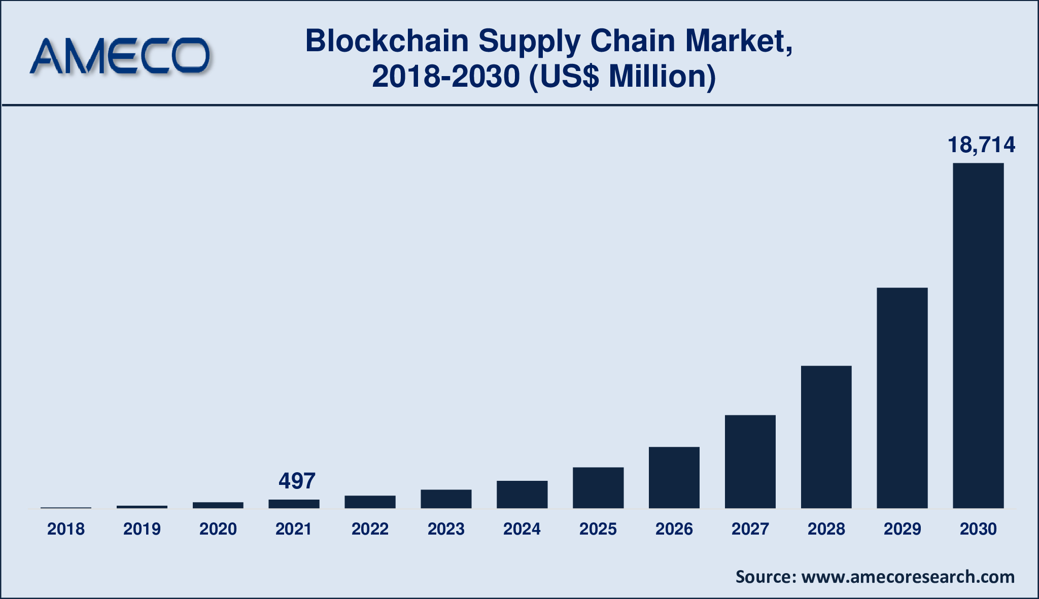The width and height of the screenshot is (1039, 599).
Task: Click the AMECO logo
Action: pyautogui.click(x=120, y=56)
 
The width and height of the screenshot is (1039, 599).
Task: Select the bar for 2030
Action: pyautogui.click(x=978, y=335)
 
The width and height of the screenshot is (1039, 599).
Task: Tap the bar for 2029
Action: pyautogui.click(x=902, y=398)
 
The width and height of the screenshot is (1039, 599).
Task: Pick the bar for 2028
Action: pyautogui.click(x=826, y=437)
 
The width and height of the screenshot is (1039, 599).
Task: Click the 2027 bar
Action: pyautogui.click(x=750, y=462)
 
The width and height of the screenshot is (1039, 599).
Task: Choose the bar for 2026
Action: pyautogui.click(x=674, y=477)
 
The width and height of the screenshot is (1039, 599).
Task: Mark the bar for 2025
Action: pyautogui.click(x=598, y=487)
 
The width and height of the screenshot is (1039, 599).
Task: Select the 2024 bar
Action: pyautogui.click(x=522, y=494)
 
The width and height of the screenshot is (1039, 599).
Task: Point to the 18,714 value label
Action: pyautogui.click(x=981, y=145)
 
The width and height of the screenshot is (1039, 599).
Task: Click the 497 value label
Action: pyautogui.click(x=297, y=481)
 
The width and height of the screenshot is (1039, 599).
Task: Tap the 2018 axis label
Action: pyautogui.click(x=66, y=529)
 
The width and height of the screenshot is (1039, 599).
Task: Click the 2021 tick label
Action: pyautogui.click(x=294, y=529)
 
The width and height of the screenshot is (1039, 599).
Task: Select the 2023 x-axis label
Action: pyautogui.click(x=446, y=529)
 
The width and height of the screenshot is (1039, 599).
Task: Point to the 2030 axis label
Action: pyautogui.click(x=978, y=529)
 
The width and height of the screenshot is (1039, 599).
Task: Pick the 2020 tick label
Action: pyautogui.click(x=218, y=529)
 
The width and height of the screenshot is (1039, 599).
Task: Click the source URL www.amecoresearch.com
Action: pyautogui.click(x=908, y=577)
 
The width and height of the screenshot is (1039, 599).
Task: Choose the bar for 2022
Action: pyautogui.click(x=370, y=502)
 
